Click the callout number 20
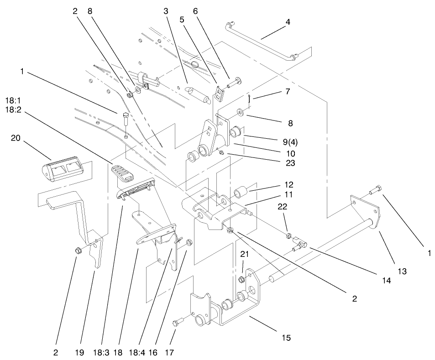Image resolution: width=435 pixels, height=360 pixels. (15, 138)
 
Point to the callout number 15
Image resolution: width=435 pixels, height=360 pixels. (286, 338)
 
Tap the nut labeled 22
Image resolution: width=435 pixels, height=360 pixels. (289, 236)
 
